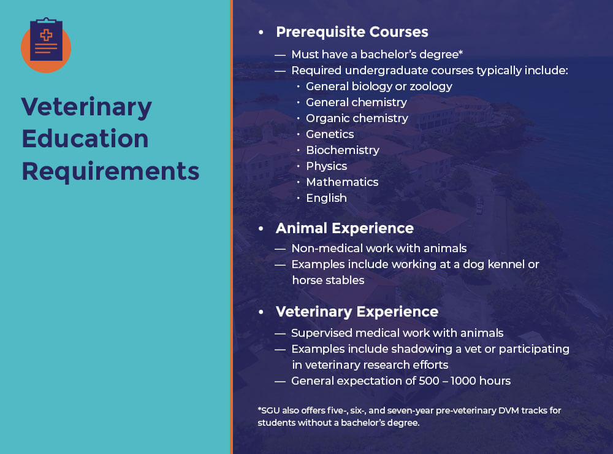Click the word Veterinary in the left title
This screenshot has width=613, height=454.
pos(86,107)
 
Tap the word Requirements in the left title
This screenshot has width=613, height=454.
pos(110,171)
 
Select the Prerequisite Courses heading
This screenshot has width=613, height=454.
pos(352,32)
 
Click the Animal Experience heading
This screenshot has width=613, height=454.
pos(345,228)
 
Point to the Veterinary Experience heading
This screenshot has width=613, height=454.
pos(357,312)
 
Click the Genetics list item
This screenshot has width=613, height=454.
pos(330,134)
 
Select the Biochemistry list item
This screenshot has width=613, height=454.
pos(342,150)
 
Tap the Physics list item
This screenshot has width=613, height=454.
pos(326,166)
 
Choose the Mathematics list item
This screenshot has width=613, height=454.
pos(342,182)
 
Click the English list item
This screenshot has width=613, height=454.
pos(326,198)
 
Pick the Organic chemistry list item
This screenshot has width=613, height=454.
pos(357,118)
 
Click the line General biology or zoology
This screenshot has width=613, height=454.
pos(379,86)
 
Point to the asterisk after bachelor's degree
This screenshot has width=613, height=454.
pos(460,53)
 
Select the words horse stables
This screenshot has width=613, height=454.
pos(328,280)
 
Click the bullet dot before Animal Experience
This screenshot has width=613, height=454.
pos(261,229)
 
